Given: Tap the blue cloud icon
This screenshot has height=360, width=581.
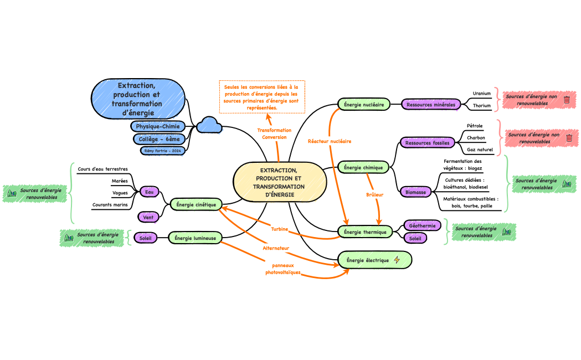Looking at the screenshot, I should coord(209,125).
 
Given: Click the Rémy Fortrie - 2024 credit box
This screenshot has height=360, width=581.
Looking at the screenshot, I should coord(163,150).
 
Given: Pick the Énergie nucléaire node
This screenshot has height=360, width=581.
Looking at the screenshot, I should coord(364,104).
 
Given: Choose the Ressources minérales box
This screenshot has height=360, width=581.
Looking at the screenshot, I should coord(430,104).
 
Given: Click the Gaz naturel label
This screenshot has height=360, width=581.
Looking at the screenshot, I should coord(479,150).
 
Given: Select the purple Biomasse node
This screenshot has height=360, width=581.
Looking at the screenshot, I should coord(415,192).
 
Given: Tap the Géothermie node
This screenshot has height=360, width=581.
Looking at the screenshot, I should coord(422,225).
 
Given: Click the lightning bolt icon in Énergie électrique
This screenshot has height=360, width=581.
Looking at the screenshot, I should coord(397,260).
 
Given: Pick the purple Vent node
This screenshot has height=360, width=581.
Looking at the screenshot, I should coord(148,217).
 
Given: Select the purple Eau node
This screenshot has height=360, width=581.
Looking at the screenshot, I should coord(148,192).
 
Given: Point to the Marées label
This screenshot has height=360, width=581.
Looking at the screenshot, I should coord(120,181).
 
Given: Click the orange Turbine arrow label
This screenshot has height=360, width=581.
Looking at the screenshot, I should coord(279,229).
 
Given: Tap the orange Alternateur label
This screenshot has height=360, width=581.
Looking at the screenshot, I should coord(276,249).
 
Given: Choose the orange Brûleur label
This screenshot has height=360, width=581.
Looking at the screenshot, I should coord(375,194).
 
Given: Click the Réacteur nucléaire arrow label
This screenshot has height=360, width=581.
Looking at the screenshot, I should coord(330,141).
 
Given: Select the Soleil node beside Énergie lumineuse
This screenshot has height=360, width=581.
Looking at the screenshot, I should coord(146,238).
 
